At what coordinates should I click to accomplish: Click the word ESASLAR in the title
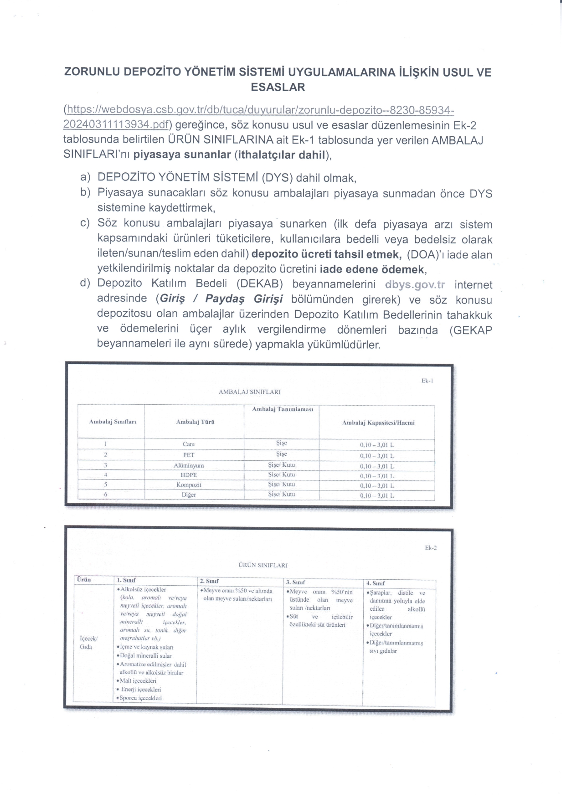click(278, 87)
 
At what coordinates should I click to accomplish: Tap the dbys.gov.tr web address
click(415, 285)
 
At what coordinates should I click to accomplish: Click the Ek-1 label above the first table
click(427, 381)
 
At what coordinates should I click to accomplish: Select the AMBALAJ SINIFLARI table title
click(249, 392)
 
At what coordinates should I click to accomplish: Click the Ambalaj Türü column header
click(195, 422)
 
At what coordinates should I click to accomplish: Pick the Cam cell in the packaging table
click(189, 444)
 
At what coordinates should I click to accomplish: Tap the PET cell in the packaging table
click(189, 455)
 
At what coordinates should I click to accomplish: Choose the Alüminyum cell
click(189, 465)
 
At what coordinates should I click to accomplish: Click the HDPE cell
click(189, 475)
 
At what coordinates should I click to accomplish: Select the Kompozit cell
click(189, 485)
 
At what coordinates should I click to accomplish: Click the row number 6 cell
click(105, 495)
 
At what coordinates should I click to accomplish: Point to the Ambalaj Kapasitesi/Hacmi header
click(378, 423)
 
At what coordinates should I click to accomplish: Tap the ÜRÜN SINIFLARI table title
click(263, 565)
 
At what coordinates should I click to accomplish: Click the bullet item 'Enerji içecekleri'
click(141, 690)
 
